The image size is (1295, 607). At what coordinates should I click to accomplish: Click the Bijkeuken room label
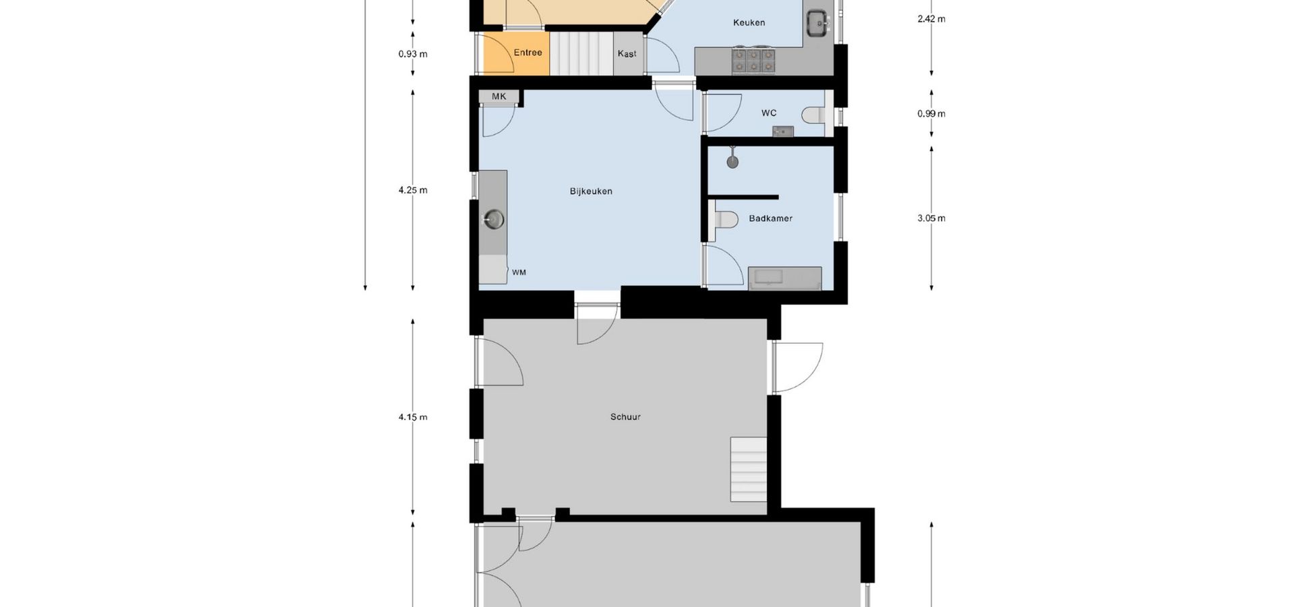[591, 192]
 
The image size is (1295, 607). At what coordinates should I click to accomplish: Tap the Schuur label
[625, 417]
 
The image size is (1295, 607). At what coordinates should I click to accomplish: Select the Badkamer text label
[770, 219]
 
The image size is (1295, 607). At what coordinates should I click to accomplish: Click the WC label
[769, 113]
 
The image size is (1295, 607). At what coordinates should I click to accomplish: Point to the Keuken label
[749, 23]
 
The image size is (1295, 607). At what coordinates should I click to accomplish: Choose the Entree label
[528, 53]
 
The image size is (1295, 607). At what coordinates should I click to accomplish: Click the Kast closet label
[627, 54]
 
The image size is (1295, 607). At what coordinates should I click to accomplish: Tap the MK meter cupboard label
[499, 96]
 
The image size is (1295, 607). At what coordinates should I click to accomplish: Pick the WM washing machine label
[519, 272]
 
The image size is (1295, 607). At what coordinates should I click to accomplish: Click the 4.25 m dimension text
[413, 190]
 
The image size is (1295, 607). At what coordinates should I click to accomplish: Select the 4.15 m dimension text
[413, 417]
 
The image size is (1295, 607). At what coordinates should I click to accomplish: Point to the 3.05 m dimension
[931, 219]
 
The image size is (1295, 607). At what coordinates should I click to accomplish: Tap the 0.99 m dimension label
[931, 113]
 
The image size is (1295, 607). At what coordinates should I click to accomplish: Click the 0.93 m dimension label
[413, 54]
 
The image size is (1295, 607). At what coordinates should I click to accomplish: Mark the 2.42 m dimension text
[931, 19]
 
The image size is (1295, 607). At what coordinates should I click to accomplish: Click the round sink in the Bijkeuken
[494, 219]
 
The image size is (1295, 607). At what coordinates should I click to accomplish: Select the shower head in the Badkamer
[732, 161]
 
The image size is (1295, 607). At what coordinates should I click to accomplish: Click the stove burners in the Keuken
[753, 61]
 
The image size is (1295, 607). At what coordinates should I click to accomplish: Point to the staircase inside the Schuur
[749, 469]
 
